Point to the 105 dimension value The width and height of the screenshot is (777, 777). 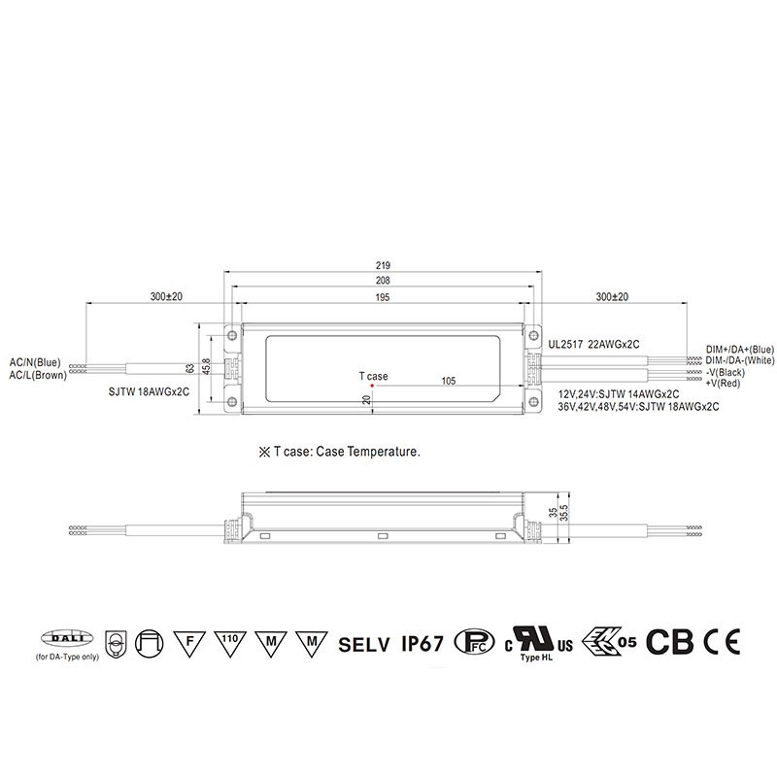pyautogui.click(x=448, y=381)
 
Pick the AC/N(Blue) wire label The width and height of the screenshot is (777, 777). pyautogui.click(x=35, y=362)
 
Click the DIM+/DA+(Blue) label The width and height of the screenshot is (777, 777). pyautogui.click(x=739, y=350)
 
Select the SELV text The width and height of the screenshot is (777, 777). pyautogui.click(x=364, y=642)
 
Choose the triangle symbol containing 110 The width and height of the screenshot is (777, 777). pyautogui.click(x=227, y=641)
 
